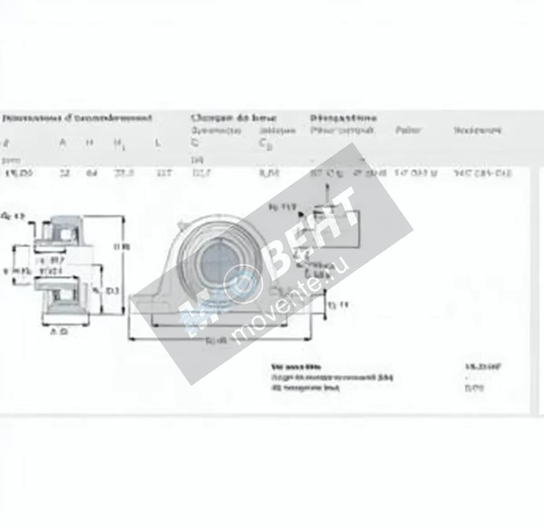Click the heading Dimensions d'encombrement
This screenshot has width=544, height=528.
[77, 119]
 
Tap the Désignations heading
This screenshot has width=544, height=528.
[343, 118]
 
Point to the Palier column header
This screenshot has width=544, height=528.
[408, 131]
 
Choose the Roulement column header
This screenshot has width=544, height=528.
[477, 131]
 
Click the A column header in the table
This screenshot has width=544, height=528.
[63, 143]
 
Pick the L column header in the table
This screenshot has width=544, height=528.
[157, 143]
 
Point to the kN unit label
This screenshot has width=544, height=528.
[194, 160]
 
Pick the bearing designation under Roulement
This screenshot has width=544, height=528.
[482, 173]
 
